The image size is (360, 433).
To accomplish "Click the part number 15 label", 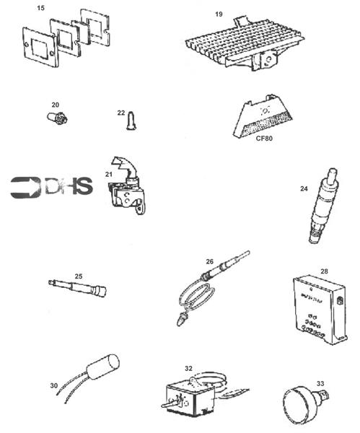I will click(x=41, y=7).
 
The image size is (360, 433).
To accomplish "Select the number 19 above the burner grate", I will click(x=219, y=14).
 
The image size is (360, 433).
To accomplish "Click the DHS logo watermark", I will click(x=52, y=186).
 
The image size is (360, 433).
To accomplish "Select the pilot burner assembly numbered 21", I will click(x=127, y=188).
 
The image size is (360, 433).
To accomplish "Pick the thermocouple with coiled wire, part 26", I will click(x=209, y=284).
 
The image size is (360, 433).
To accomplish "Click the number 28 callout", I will click(x=324, y=271).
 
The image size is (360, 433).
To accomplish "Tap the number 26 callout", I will click(x=210, y=261).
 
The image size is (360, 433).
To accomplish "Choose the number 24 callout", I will click(x=304, y=189).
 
